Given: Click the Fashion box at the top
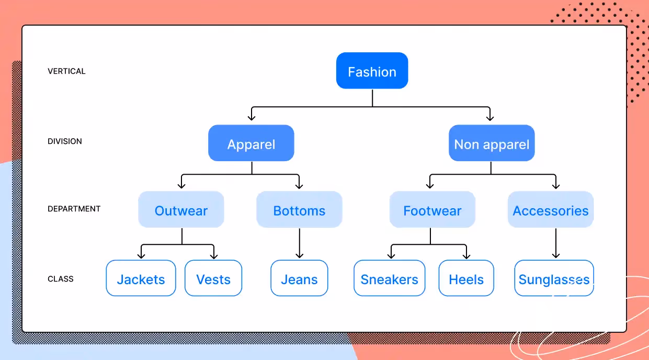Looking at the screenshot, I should (x=372, y=71).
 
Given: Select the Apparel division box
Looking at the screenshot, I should (x=251, y=143).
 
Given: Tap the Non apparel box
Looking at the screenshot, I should (x=492, y=143).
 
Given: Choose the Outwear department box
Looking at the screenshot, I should (x=181, y=210).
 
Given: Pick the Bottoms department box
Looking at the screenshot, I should (x=299, y=210).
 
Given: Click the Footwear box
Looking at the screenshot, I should (x=432, y=210).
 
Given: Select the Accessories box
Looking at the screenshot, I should (x=551, y=210).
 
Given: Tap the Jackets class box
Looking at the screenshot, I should (x=141, y=278).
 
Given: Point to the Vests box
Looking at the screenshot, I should (x=213, y=278).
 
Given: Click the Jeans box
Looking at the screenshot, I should (x=299, y=278).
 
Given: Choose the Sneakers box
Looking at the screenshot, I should (x=389, y=278).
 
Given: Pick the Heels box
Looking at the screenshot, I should (x=466, y=278).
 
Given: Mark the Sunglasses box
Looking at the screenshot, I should (x=554, y=278).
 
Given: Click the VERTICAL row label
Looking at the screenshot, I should (x=66, y=71).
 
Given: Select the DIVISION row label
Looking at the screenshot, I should (x=65, y=141).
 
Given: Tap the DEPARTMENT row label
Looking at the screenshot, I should (x=74, y=209).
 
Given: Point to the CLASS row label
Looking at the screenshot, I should (x=61, y=279).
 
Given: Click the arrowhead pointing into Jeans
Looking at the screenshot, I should (x=299, y=255).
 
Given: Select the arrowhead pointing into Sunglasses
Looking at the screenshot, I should (x=555, y=255).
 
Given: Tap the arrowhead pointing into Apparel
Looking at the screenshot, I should (x=252, y=117).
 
